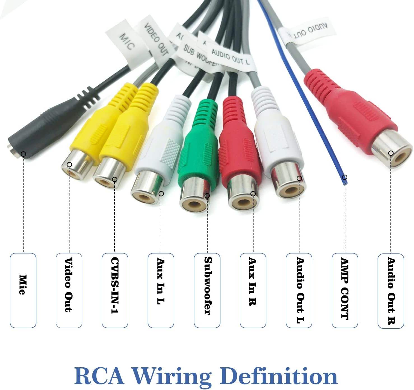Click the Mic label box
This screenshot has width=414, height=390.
tap(23, 290)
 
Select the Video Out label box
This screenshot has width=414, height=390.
tap(69, 290)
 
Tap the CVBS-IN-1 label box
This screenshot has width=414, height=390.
tap(115, 290)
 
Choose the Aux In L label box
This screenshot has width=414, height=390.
tap(161, 290)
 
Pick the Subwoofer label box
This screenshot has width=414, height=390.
tap(207, 290)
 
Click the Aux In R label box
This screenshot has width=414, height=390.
tap(253, 290)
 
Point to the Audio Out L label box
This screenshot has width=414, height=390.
tap(299, 290)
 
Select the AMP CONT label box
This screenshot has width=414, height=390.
tap(345, 290)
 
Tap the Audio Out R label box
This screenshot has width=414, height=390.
tap(391, 290)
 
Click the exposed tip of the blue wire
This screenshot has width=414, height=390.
tap(345, 181)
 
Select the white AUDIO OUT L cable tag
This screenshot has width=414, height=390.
tap(231, 57)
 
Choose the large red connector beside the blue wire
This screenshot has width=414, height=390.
tap(350, 112)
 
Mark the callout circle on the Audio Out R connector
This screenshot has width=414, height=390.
tap(391, 153)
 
